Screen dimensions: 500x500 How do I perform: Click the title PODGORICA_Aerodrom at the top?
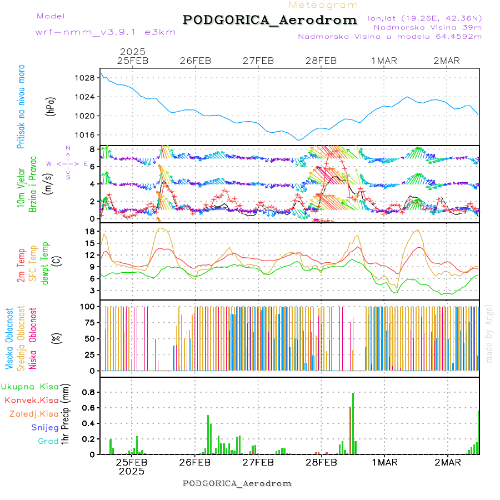pos(270,20)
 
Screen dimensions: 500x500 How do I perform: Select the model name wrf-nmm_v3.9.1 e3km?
pos(106,32)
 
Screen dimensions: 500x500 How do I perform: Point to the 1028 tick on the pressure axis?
pos(86,78)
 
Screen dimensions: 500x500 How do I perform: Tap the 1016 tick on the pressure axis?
pos(86,135)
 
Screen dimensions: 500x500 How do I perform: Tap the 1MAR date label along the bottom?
pos(384,462)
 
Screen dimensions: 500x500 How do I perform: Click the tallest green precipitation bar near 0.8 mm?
pos(353,422)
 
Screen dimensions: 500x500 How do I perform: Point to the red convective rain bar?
pos(350,431)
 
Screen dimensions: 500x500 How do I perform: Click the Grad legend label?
pos(48,441)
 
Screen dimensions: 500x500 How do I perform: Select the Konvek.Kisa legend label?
pos(31,399)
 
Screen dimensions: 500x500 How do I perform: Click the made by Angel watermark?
pos(489,333)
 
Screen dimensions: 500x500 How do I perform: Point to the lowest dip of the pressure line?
pos(298,140)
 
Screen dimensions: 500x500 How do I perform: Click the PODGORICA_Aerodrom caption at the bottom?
pos(237,483)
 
